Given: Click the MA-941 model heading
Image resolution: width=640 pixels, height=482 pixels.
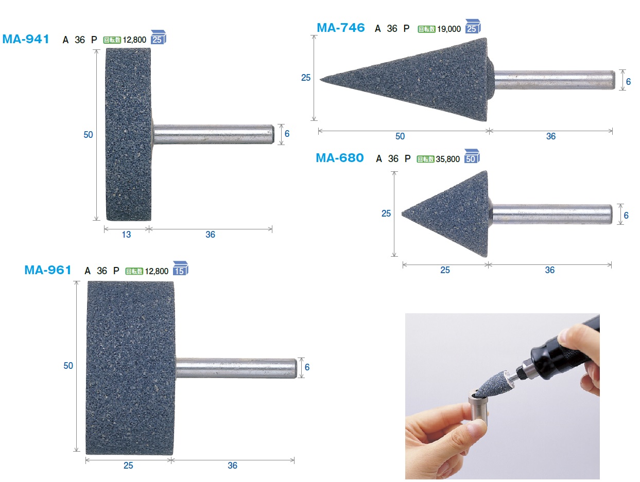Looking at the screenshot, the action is (x=26, y=39).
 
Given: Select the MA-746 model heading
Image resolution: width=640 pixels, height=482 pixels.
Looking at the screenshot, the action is (x=340, y=28).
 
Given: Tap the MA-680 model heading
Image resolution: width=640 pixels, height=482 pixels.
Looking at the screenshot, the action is (x=340, y=158).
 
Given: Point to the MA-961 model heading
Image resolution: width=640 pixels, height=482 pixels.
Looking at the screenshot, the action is (x=48, y=270).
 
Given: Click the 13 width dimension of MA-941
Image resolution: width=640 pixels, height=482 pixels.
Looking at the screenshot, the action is (x=126, y=235).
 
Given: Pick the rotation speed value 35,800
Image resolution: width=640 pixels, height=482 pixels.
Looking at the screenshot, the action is (x=447, y=159).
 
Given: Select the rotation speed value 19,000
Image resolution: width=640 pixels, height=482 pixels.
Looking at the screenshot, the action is (x=449, y=29).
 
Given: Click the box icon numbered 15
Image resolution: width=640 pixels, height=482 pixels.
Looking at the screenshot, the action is (x=180, y=268).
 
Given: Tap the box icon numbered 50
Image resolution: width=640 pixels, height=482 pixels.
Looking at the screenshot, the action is (x=472, y=156).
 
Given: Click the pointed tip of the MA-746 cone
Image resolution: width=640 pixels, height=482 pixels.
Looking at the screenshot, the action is (x=321, y=79).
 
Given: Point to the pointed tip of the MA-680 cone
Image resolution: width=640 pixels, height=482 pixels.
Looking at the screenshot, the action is (x=403, y=214).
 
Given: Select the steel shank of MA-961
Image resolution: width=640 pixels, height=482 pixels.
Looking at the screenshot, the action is (x=236, y=368).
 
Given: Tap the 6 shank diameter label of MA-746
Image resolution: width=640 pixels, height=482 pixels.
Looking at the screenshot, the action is (x=628, y=82).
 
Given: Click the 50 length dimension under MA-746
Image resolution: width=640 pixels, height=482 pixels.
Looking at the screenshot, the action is (x=400, y=136).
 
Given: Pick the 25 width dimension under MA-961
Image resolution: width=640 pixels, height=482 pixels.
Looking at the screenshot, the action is (x=128, y=466).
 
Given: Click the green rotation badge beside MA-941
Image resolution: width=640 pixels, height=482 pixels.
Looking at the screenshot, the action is (x=112, y=40).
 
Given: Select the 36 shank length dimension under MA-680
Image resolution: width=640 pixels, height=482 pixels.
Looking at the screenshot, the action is (x=549, y=270).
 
